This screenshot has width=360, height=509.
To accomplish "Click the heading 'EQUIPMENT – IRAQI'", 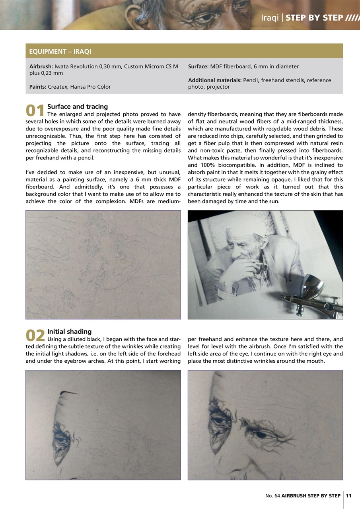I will click(60, 51).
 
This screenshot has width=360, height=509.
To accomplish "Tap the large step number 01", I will click(35, 111).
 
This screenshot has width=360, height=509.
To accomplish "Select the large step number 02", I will click(35, 336).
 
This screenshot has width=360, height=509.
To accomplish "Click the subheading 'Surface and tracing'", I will click(77, 107).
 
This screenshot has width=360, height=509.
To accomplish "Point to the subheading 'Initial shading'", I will click(69, 331).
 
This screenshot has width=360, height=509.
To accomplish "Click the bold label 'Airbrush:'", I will click(41, 66).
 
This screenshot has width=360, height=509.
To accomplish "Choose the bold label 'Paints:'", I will click(38, 87).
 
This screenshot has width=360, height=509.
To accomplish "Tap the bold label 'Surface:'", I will click(198, 66).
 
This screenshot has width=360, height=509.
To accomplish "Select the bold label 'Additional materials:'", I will click(214, 80).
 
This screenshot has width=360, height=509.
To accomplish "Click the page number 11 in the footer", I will click(348, 495).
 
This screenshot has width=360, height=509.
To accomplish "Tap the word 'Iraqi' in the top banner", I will click(269, 18).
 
